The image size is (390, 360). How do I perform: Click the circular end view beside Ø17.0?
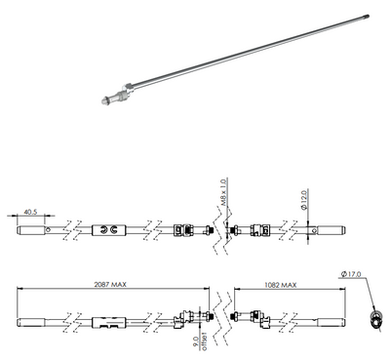374,320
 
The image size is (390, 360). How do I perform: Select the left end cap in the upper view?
31,230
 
